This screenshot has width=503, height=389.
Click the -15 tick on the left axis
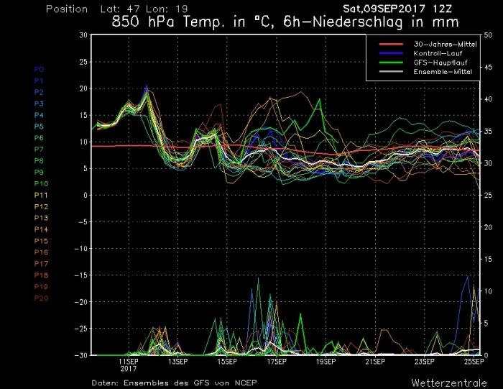pos(83,275)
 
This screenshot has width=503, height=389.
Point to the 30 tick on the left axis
pos(83,35)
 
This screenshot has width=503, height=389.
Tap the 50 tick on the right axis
pos(489,35)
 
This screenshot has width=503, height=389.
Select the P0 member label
pos(39,70)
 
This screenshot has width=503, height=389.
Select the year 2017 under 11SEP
pos(129,368)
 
